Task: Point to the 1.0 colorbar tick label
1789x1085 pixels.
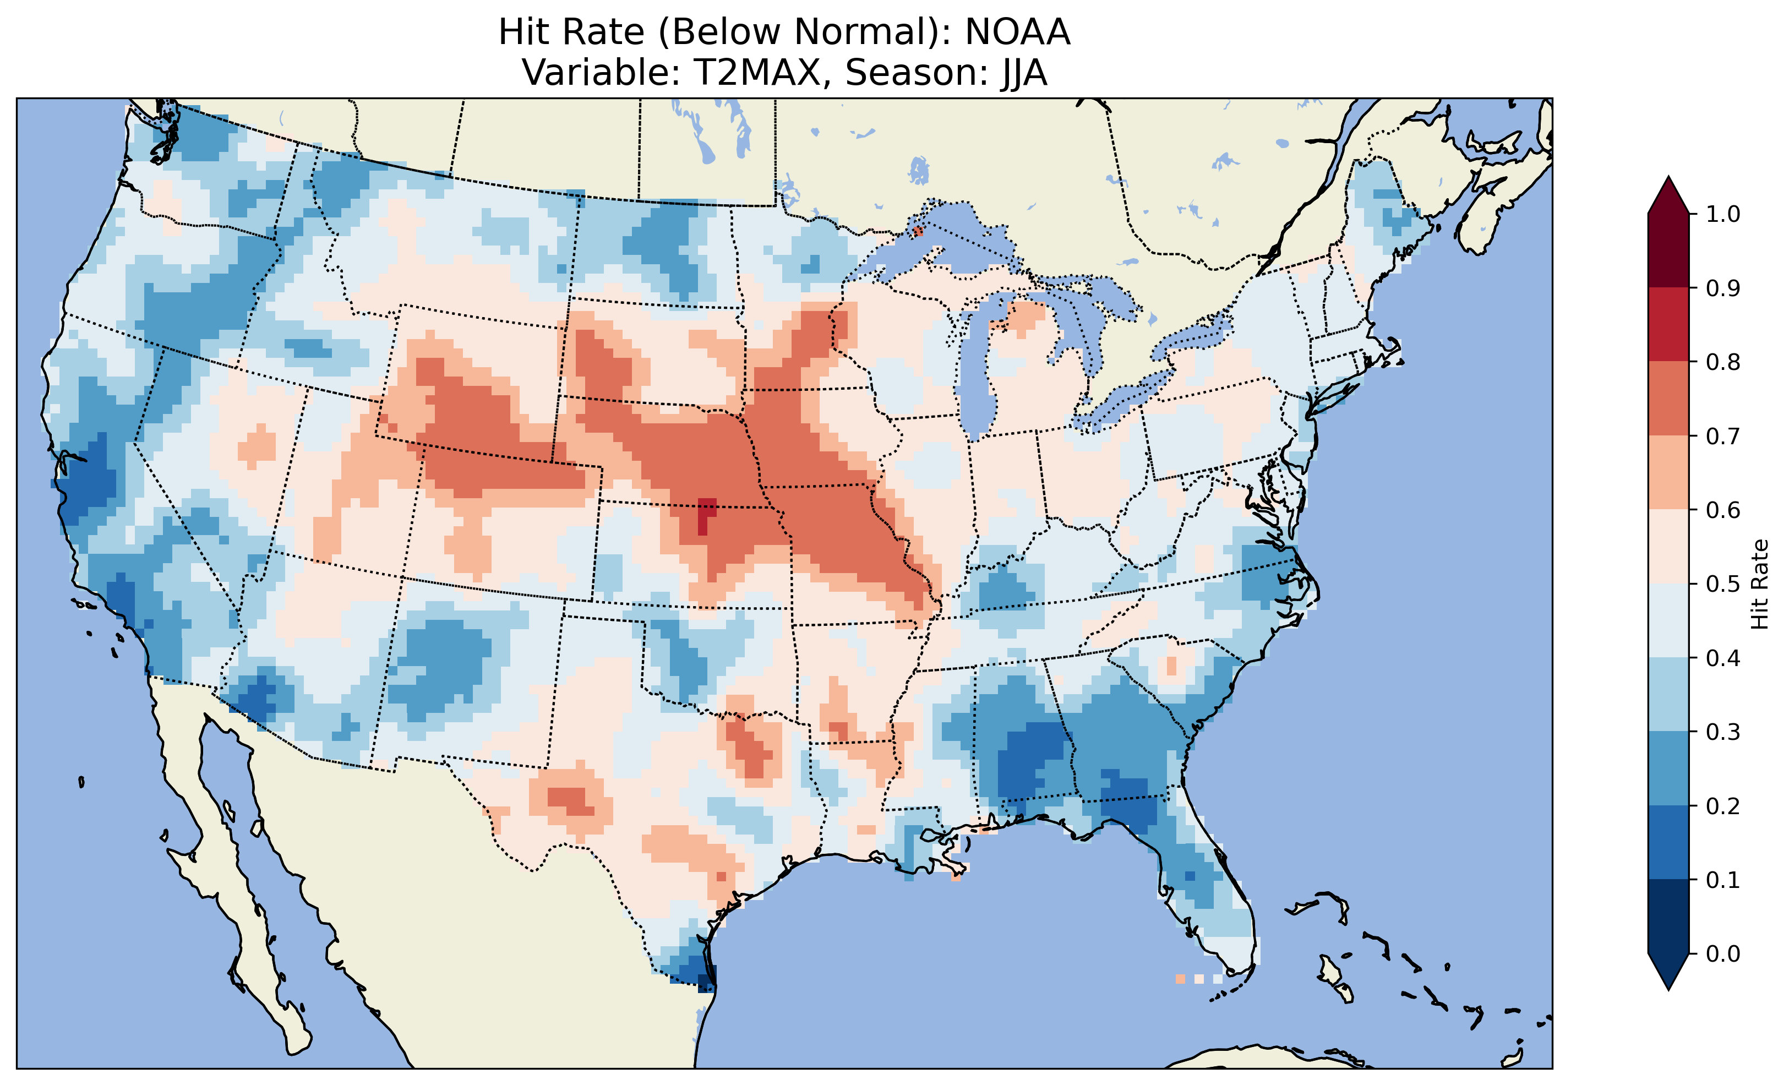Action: pyautogui.click(x=1723, y=214)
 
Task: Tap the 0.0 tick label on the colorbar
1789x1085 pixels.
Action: pyautogui.click(x=1723, y=953)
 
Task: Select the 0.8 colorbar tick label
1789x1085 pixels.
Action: pyautogui.click(x=1723, y=362)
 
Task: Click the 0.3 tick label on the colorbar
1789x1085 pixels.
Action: pyautogui.click(x=1723, y=732)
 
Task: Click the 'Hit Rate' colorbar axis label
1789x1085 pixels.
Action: pyautogui.click(x=1759, y=584)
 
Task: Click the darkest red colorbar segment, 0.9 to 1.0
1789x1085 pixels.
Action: pyautogui.click(x=1668, y=250)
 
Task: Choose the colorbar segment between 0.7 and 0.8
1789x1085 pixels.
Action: pyautogui.click(x=1668, y=399)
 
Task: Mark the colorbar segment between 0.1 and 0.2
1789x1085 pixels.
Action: pyautogui.click(x=1668, y=842)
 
